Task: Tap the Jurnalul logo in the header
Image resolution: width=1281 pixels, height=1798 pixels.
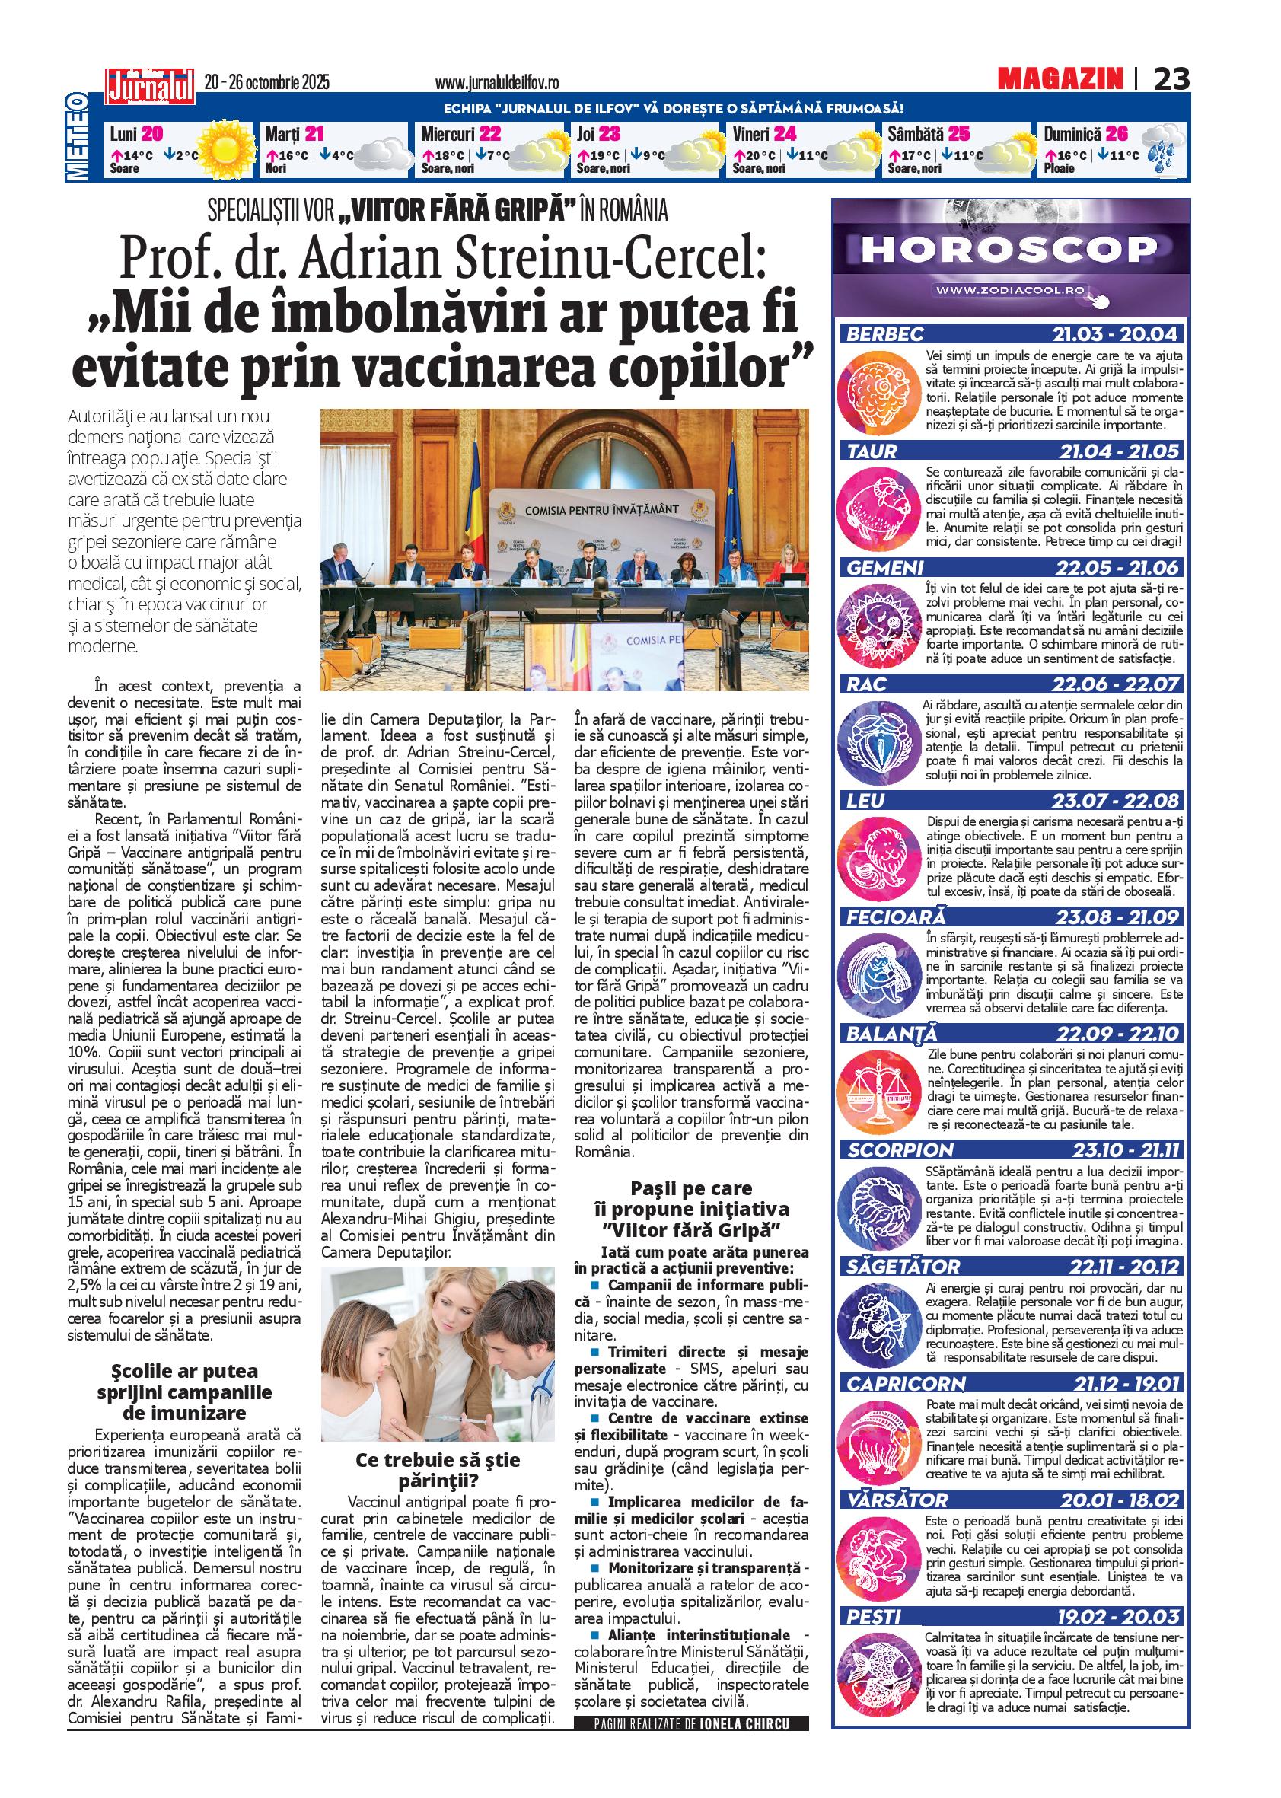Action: [150, 84]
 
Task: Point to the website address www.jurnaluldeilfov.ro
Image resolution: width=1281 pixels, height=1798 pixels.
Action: [497, 82]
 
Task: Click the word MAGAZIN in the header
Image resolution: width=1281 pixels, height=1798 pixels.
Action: [1060, 78]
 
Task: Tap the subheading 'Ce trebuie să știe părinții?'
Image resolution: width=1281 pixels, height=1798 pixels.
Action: [438, 1468]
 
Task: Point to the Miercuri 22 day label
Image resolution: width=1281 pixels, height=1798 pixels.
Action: [460, 134]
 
